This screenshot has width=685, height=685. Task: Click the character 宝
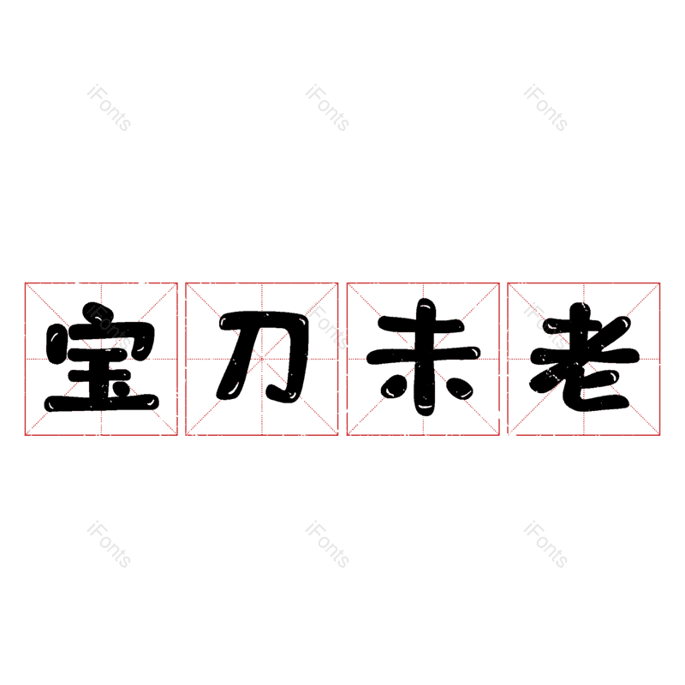click(101, 357)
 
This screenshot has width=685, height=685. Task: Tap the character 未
click(423, 357)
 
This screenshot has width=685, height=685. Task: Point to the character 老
click(585, 357)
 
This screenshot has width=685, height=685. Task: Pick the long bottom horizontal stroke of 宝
click(101, 402)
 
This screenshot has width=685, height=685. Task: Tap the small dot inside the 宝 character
click(121, 388)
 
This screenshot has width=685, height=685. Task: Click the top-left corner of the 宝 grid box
click(26, 283)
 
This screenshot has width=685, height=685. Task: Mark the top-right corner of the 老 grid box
click(659, 283)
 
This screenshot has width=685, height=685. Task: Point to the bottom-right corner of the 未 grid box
click(499, 435)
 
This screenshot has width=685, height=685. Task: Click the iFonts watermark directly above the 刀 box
click(327, 108)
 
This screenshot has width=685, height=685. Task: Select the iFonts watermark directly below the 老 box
click(545, 545)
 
